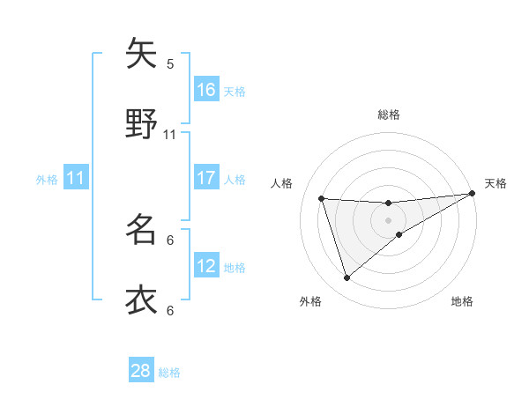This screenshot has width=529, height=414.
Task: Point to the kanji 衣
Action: coord(141,299)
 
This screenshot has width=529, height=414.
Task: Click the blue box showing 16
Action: coord(206,89)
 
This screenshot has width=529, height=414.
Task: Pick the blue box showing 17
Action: coord(206,178)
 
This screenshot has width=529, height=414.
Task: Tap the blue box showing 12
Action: coord(206,266)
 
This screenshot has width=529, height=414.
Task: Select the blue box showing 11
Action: coord(76,178)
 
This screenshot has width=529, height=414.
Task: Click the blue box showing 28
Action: coord(141,371)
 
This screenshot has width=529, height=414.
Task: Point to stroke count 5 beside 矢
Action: coord(170,63)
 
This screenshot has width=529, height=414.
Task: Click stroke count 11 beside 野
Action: coord(170,135)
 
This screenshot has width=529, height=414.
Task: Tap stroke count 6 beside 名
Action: coord(170,240)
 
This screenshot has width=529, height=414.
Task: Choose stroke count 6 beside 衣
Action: coord(170,310)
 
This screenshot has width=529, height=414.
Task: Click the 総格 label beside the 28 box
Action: coord(170,373)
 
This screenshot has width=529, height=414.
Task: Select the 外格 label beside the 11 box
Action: coord(47,180)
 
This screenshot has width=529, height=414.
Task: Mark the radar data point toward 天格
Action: coord(473,194)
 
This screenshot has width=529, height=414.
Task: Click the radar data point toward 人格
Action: coord(322,198)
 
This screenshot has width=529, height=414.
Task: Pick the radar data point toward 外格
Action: coord(346,278)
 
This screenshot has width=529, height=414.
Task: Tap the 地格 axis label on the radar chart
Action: coord(462,302)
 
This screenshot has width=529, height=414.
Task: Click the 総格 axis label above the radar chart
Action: coord(389,115)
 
